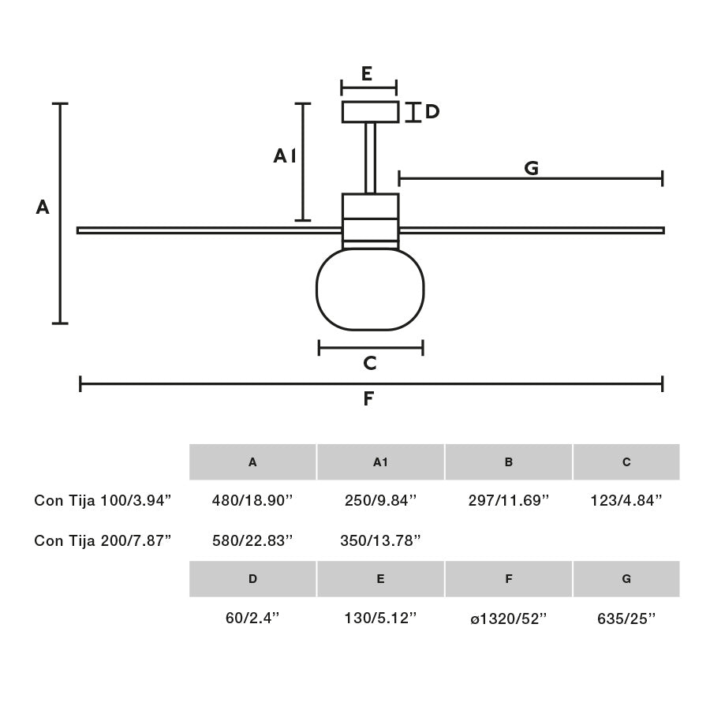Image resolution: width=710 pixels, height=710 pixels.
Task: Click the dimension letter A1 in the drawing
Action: [x=284, y=156]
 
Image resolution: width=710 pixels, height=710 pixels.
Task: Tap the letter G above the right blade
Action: [x=531, y=168]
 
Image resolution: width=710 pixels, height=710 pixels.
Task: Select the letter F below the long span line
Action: [x=368, y=399]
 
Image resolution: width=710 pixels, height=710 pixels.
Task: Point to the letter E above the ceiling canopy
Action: [x=367, y=74]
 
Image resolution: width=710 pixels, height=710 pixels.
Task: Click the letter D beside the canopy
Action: [x=432, y=112]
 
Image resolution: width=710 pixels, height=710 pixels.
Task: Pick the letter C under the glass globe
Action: [x=369, y=364]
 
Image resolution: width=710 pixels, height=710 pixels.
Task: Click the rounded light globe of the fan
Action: [x=370, y=290]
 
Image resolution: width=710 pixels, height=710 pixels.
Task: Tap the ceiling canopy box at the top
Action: [x=370, y=112]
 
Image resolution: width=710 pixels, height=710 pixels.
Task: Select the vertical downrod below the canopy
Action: [x=370, y=158]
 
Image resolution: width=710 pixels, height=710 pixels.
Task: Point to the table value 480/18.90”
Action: [x=252, y=500]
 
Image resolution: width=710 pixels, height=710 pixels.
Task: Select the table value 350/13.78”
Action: [x=380, y=540]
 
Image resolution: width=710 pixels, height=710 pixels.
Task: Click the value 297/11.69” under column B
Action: [x=509, y=500]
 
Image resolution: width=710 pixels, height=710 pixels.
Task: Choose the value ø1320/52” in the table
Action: [x=509, y=619]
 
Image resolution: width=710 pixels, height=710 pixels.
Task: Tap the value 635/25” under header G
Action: [x=626, y=619]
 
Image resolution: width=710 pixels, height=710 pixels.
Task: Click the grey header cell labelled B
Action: [x=509, y=462]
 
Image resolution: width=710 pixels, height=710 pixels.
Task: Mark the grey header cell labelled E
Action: [x=380, y=579]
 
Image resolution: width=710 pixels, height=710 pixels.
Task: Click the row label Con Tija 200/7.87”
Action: [x=103, y=540]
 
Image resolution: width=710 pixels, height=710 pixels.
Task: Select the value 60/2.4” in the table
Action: [x=252, y=619]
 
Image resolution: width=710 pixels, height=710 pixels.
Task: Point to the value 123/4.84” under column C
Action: [x=626, y=500]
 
